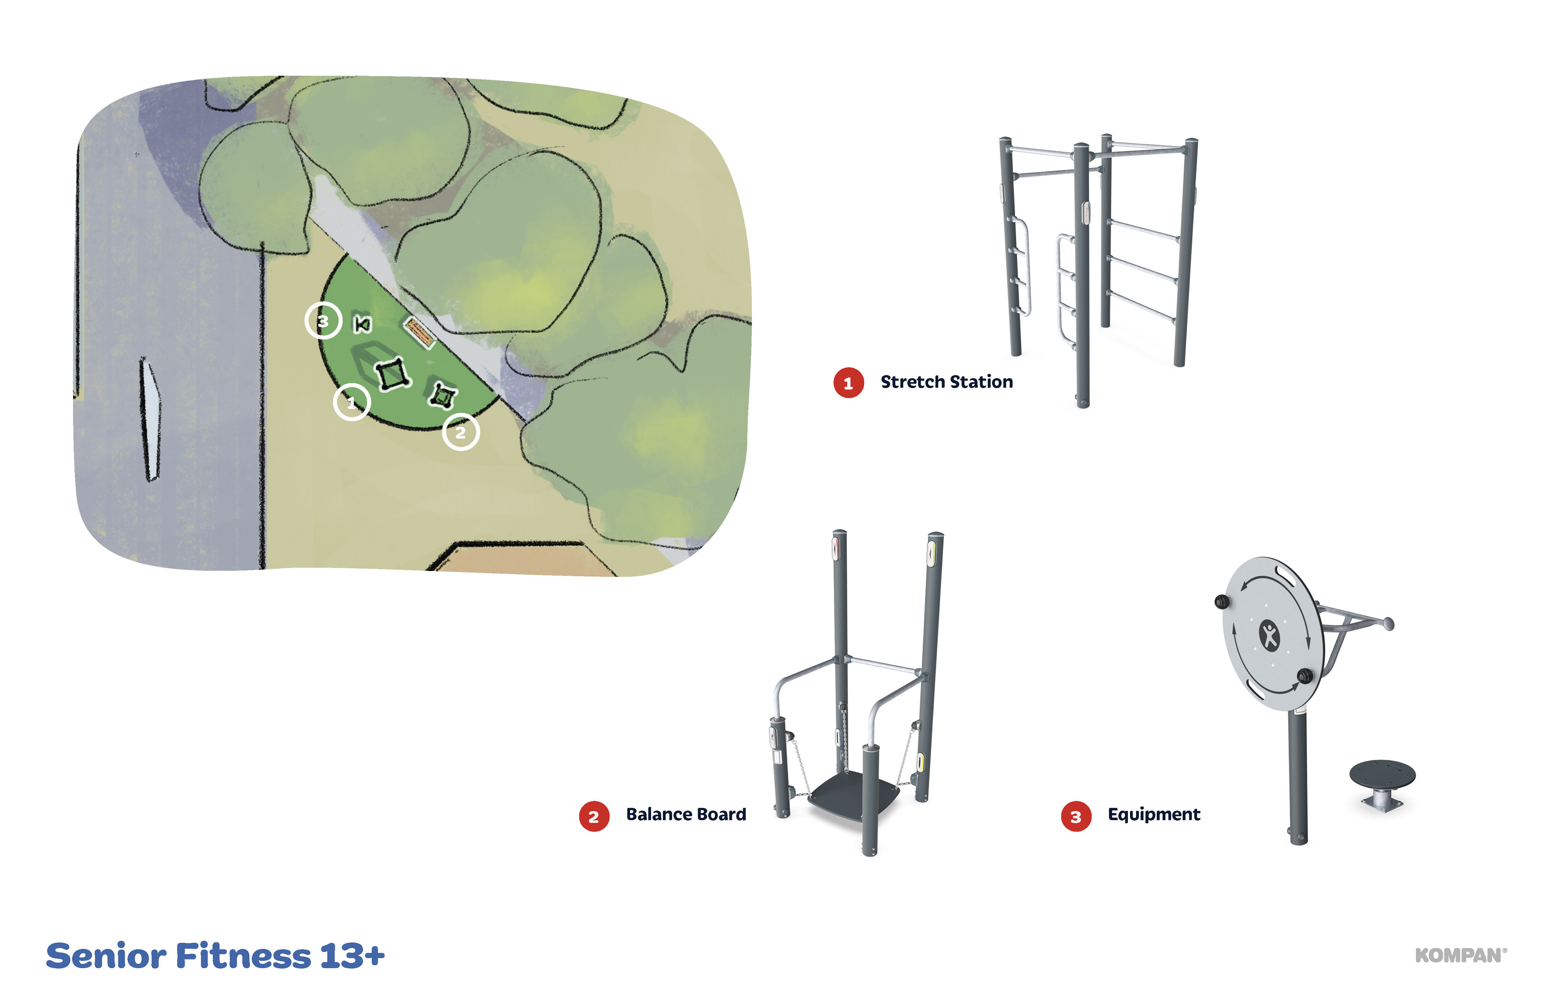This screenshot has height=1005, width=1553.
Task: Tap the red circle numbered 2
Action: [x=594, y=817]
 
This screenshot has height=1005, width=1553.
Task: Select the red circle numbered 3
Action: [x=1076, y=817]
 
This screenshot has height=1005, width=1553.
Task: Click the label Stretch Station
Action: [x=947, y=382]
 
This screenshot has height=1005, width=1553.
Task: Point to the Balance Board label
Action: [x=686, y=815]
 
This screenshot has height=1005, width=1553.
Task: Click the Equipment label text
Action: [x=1154, y=815]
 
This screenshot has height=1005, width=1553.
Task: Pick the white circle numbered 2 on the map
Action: [x=461, y=432]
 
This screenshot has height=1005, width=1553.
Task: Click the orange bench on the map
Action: [x=419, y=333]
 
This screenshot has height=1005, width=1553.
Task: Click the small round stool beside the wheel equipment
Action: [x=1382, y=785]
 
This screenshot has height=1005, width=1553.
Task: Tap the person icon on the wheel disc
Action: [x=1269, y=636]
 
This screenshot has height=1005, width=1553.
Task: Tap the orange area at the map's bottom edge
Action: [x=522, y=560]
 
